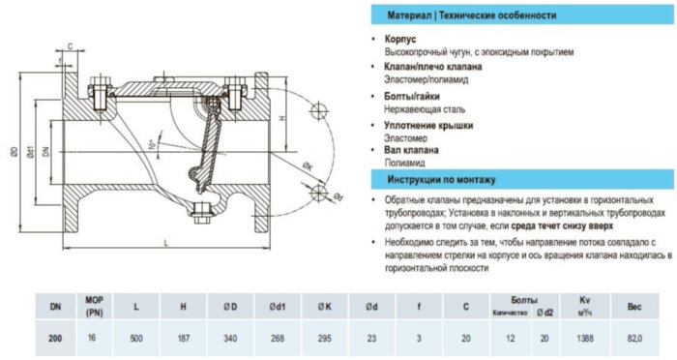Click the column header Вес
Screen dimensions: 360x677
(634, 307)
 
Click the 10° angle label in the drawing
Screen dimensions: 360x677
(152, 145)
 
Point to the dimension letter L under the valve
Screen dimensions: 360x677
(167, 240)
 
